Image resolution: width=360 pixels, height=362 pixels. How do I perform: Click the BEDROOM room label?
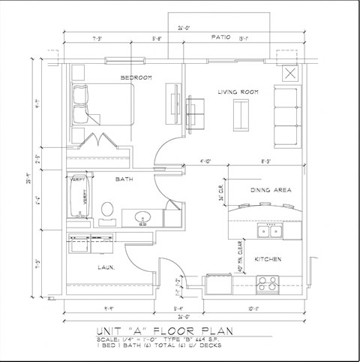point(136,77)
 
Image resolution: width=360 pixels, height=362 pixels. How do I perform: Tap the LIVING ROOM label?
point(238,92)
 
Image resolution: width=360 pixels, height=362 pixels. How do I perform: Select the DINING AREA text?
point(270,190)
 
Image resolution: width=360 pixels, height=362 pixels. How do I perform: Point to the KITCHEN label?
point(268,259)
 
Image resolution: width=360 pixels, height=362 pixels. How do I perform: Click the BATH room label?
point(124,179)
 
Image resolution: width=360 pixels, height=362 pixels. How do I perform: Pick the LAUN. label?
point(104,267)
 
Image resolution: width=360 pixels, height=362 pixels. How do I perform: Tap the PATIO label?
point(220,36)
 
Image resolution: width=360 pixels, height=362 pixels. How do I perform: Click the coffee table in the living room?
point(241,113)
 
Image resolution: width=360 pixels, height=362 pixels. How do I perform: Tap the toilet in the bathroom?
point(107,210)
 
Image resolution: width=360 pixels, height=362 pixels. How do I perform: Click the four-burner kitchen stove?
point(267,284)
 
